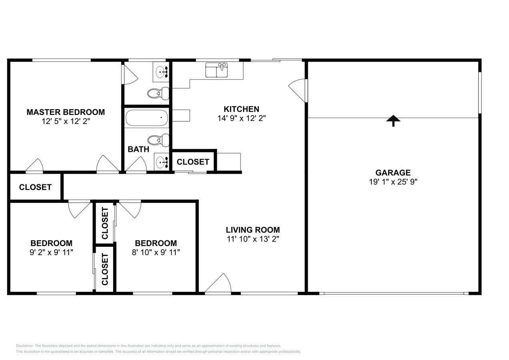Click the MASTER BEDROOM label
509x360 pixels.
pyautogui.click(x=66, y=112)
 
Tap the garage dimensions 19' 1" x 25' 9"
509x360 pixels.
pyautogui.click(x=393, y=182)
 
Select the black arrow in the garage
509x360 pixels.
pyautogui.click(x=393, y=121)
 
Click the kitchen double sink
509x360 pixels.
pyautogui.click(x=216, y=70)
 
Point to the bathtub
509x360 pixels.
pyautogui.click(x=146, y=118)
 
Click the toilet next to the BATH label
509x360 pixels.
pyautogui.click(x=158, y=140)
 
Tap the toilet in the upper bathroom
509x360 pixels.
pyautogui.click(x=158, y=93)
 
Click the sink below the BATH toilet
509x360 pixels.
pyautogui.click(x=161, y=162)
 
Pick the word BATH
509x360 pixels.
pyautogui.click(x=138, y=150)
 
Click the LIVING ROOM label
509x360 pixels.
pyautogui.click(x=252, y=230)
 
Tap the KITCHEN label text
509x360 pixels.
pyautogui.click(x=241, y=109)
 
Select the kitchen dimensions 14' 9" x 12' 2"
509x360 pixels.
pyautogui.click(x=242, y=118)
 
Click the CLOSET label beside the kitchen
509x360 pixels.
pyautogui.click(x=193, y=162)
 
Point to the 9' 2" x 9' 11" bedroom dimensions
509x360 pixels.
pyautogui.click(x=51, y=252)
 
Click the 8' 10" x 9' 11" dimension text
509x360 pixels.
pyautogui.click(x=156, y=252)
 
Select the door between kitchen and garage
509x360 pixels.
pyautogui.click(x=298, y=90)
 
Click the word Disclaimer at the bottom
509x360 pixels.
pyautogui.click(x=24, y=346)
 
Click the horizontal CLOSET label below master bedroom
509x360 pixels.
pyautogui.click(x=35, y=187)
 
